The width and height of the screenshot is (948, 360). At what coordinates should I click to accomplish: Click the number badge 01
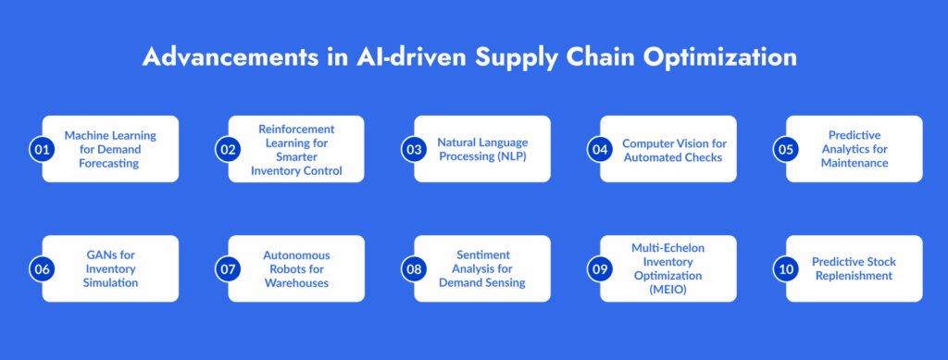[42, 149]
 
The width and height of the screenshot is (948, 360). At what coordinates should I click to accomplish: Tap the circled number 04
[600, 149]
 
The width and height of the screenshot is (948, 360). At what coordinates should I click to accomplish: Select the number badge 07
[228, 268]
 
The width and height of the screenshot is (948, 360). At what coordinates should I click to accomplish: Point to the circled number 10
[786, 268]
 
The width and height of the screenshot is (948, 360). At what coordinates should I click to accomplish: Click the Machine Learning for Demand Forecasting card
[111, 149]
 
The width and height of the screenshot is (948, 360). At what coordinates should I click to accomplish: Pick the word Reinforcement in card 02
[296, 130]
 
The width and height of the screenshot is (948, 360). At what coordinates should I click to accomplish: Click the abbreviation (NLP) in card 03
[513, 156]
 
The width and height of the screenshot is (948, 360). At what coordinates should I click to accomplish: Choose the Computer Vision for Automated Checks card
[668, 149]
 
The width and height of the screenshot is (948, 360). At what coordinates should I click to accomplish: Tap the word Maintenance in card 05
[854, 163]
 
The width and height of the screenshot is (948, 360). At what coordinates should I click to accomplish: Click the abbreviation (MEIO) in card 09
[668, 290]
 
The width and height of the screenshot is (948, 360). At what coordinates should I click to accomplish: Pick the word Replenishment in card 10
[854, 276]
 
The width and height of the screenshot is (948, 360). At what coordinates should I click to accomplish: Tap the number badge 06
[42, 268]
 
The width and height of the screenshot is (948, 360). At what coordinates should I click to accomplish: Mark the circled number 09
[600, 268]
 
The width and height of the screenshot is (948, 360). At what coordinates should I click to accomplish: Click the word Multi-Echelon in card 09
[668, 248]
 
